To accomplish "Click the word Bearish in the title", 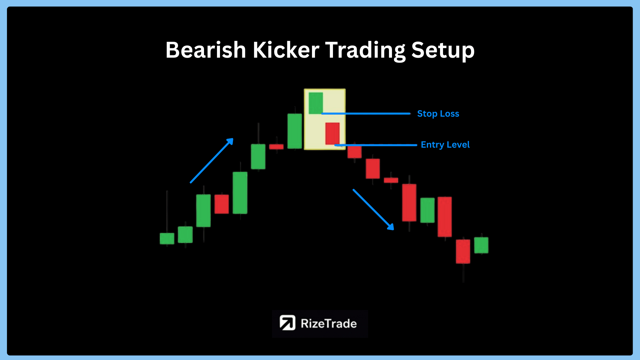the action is pos(206,50).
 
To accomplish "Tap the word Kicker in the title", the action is pos(286,50).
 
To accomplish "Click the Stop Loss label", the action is pos(438,114).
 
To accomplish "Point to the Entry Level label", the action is pos(445,145).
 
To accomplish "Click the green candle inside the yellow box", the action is pos(316,103).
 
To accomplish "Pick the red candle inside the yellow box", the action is pos(332,134).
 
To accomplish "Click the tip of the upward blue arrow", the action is pos(233,139).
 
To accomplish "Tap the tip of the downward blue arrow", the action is pos(394,230).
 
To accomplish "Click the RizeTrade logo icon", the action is pos(287,323).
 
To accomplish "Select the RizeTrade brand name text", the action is pos(329,323).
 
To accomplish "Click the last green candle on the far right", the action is pos(481,245).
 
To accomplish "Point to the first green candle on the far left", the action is pos(167,238).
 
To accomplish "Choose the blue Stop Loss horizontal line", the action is pos(366,114).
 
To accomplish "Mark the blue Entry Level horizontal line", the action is pos(376,145).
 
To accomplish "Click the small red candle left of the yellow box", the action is pos(276,147).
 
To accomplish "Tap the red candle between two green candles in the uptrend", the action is pos(222,204).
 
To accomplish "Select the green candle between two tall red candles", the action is pos(427,210).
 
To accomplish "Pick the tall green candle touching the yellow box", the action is pos(295,131).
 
